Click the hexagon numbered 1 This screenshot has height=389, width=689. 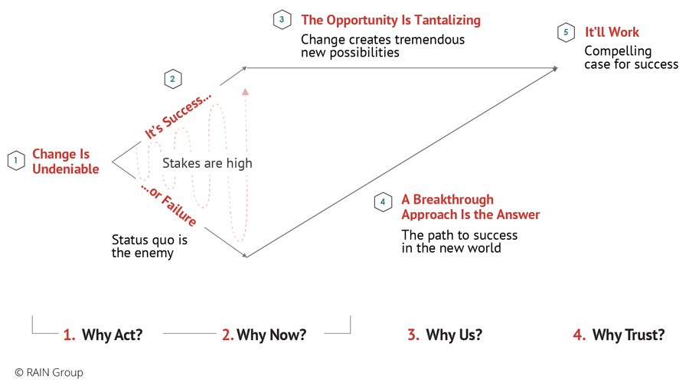tap(15, 161)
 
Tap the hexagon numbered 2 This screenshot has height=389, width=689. tap(172, 79)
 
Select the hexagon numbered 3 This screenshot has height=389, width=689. tap(282, 20)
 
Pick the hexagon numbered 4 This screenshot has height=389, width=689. tap(383, 202)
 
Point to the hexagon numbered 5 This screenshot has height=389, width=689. tap(566, 32)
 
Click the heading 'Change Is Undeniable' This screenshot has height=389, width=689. tap(65, 162)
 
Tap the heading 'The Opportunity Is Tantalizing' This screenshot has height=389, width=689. tap(390, 20)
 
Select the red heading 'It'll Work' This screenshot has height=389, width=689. tap(612, 32)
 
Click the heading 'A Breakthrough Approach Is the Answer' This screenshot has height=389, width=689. tap(470, 207)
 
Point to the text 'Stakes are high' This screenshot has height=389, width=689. tap(207, 163)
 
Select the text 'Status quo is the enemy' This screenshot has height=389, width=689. tap(149, 246)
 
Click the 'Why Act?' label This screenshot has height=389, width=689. tap(103, 335)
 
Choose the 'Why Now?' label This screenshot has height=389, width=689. tap(263, 335)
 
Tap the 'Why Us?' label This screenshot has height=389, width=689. tap(445, 335)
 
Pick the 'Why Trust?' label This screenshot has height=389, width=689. tap(619, 335)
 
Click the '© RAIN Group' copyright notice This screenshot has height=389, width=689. tap(49, 372)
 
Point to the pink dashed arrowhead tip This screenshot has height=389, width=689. tap(245, 91)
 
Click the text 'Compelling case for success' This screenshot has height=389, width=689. tap(631, 57)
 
